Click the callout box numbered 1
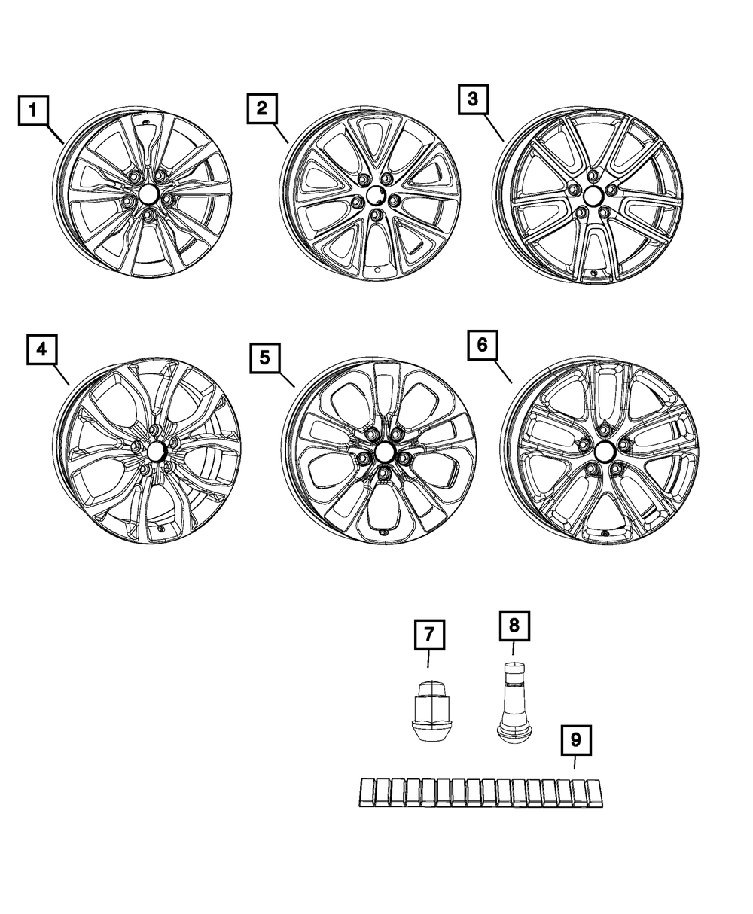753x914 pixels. pyautogui.click(x=35, y=112)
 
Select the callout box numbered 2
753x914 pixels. pyautogui.click(x=261, y=108)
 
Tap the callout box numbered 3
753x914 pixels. pyautogui.click(x=472, y=99)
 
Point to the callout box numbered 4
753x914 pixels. pyautogui.click(x=42, y=349)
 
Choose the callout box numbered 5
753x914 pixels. pyautogui.click(x=264, y=358)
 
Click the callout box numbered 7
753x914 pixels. pyautogui.click(x=428, y=635)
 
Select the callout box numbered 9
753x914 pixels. pyautogui.click(x=575, y=740)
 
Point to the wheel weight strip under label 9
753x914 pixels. pyautogui.click(x=481, y=792)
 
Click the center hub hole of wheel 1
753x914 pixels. pyautogui.click(x=148, y=194)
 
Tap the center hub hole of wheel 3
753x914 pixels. pyautogui.click(x=591, y=198)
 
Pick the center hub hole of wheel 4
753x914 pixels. pyautogui.click(x=156, y=452)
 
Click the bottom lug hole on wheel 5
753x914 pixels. pyautogui.click(x=385, y=472)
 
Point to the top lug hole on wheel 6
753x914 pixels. pyautogui.click(x=604, y=429)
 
